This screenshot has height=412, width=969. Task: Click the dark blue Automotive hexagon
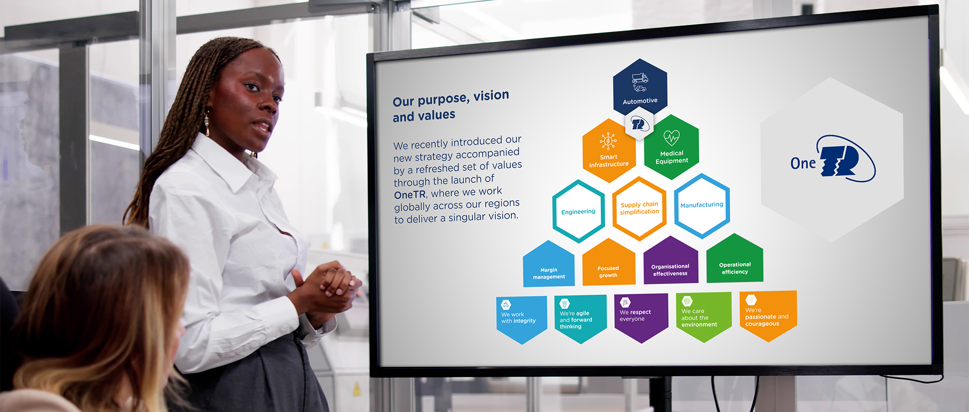(640, 87)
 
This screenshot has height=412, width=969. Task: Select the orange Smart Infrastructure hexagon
(609, 151)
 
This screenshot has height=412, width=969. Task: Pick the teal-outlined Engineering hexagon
(578, 211)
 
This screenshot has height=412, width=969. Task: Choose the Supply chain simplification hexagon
(640, 208)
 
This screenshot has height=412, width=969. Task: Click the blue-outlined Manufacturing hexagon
(702, 206)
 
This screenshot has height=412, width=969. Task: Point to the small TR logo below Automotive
(640, 125)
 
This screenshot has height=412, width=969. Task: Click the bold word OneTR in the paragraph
(410, 195)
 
